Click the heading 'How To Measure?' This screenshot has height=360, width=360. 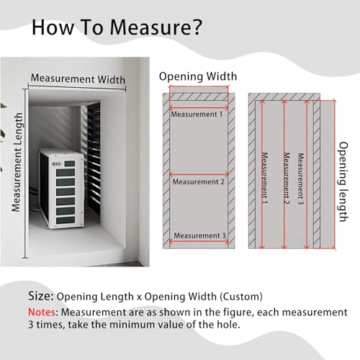click(x=117, y=27)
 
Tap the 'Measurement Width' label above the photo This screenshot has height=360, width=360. click(x=78, y=78)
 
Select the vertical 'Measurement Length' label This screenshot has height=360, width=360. click(x=17, y=162)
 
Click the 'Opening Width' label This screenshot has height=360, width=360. click(x=198, y=76)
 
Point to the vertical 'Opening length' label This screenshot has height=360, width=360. click(x=343, y=181)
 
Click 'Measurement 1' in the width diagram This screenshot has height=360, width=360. click(x=197, y=114)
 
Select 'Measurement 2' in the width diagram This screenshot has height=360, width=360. click(x=199, y=182)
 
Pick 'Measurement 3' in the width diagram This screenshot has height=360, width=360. click(x=199, y=235)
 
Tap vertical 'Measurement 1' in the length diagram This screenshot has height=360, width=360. click(x=264, y=178)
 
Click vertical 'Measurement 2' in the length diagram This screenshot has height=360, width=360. click(x=287, y=179)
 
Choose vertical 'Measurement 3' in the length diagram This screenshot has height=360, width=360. click(x=301, y=179)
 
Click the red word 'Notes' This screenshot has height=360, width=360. click(x=42, y=312)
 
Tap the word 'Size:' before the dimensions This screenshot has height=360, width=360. click(x=41, y=296)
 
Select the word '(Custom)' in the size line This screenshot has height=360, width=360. click(x=241, y=297)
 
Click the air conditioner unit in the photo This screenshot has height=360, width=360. click(x=62, y=189)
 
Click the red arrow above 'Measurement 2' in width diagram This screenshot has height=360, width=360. click(x=199, y=175)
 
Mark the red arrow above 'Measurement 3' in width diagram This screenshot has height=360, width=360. click(x=199, y=241)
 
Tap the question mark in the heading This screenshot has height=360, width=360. click(x=197, y=27)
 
